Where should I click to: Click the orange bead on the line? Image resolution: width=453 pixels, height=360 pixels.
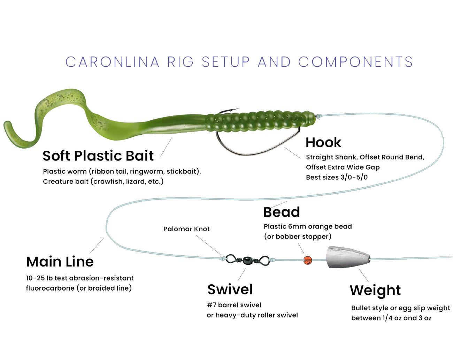pos(308,260)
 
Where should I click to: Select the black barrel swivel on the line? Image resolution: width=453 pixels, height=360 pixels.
pos(247,260)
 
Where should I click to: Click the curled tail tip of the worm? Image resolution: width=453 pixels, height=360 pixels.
pos(8,126)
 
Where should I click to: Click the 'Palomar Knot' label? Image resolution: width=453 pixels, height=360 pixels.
pos(186,229)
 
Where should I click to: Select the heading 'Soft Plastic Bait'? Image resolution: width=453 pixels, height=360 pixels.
pos(98,156)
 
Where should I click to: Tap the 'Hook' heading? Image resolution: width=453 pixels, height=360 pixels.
pos(323,142)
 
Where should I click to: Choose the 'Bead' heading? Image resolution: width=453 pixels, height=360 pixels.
pos(282,212)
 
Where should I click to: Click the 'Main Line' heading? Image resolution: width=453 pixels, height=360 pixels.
pos(60,262)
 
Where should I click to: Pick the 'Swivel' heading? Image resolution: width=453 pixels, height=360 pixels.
pos(230,290)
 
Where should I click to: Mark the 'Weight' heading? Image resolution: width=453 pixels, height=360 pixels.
pos(375,290)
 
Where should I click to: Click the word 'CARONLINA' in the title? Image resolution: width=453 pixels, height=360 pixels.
pos(112,62)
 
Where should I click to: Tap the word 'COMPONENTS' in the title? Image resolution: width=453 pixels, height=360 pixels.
pos(355,62)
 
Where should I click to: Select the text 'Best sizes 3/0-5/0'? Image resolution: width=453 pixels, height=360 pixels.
pos(337,177)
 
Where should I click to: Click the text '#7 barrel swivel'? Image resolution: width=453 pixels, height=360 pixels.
pos(234,305)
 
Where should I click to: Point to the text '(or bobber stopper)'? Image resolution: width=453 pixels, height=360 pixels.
pos(298,237)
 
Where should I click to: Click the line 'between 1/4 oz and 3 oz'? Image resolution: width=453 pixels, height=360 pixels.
pos(391,318)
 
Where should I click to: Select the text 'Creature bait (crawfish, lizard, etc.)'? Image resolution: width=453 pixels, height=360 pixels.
pos(103,181)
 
